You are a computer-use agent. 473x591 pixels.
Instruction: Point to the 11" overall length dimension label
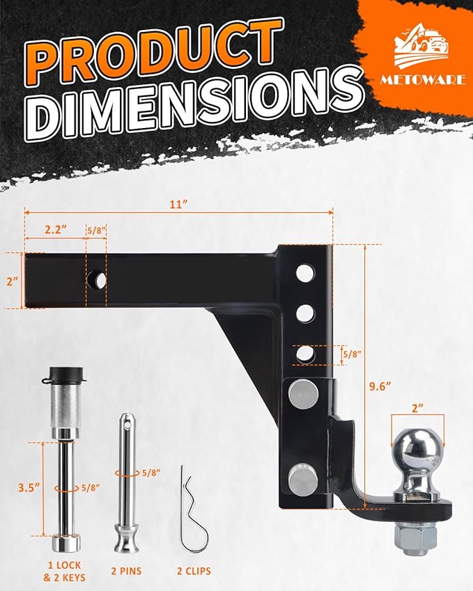coord(179,205)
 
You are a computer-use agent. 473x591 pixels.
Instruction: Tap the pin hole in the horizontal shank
coord(97,281)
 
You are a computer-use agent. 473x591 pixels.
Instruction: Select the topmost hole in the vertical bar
coord(304,274)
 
